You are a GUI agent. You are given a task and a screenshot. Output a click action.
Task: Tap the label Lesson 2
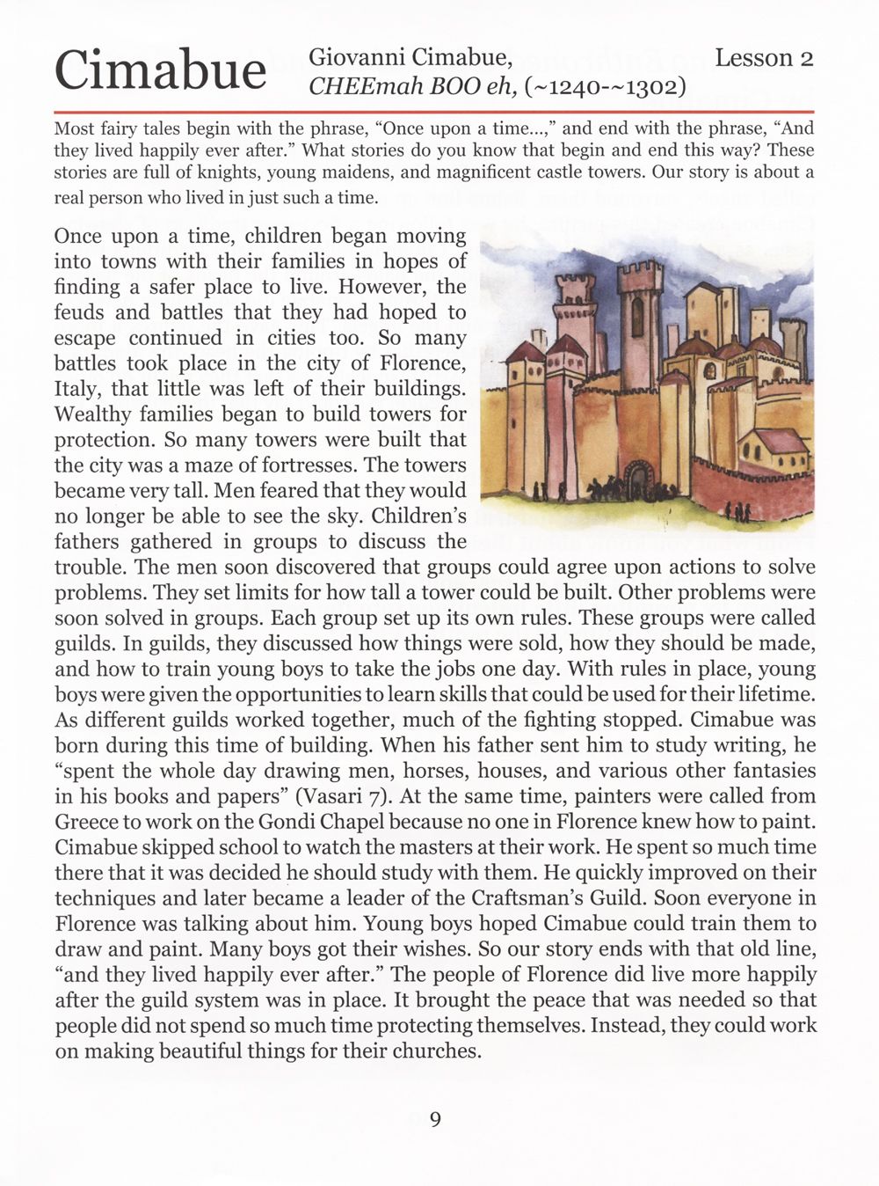tap(763, 58)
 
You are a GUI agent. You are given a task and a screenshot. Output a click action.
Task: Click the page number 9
tap(436, 1119)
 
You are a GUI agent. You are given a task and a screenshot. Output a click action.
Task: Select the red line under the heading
tap(434, 113)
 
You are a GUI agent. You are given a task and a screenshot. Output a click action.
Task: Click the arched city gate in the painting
tap(636, 480)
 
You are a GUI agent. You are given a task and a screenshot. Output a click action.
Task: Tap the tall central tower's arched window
tap(637, 316)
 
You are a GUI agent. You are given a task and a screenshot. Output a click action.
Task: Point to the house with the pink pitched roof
tap(774, 448)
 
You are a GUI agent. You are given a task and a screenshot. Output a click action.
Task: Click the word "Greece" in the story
tap(83, 822)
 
